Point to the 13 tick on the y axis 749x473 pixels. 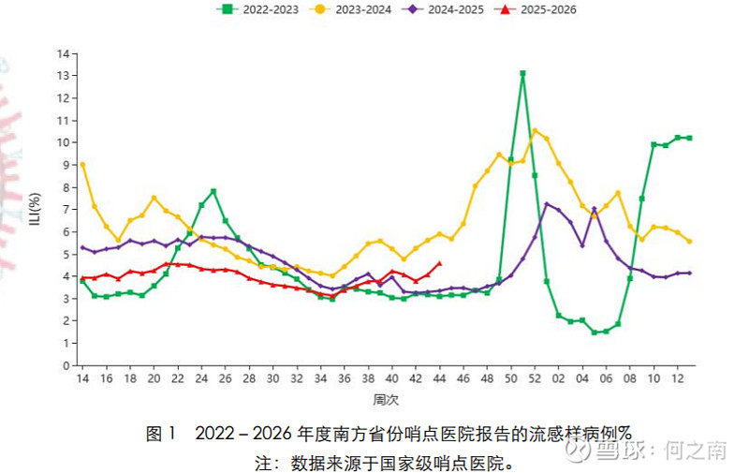coord(63,75)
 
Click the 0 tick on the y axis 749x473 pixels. coord(66,365)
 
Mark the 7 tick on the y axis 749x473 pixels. coord(66,209)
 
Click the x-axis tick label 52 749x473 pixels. coord(535,379)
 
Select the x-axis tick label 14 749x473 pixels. coord(82,379)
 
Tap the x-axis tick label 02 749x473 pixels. coord(559,379)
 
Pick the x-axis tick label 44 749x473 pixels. coord(439,379)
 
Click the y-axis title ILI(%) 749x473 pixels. coord(35,209)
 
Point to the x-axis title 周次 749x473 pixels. coord(386,400)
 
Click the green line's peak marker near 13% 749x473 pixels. coord(522,73)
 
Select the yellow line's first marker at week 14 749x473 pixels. coord(82,164)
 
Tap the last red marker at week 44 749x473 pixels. coord(439,263)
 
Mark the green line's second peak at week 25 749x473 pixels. coord(213,191)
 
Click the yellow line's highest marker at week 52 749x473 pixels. coord(535,130)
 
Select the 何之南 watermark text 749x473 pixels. coord(696,450)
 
